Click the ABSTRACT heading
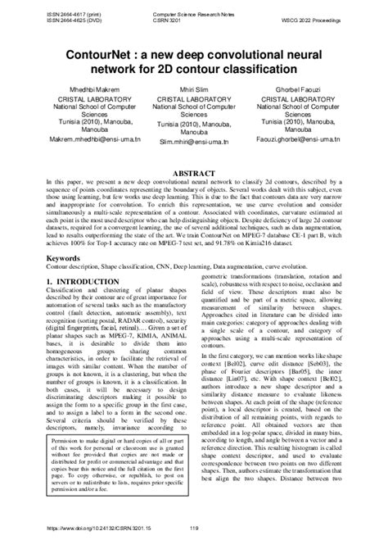point(194,175)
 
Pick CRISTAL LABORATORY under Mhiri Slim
point(194,98)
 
